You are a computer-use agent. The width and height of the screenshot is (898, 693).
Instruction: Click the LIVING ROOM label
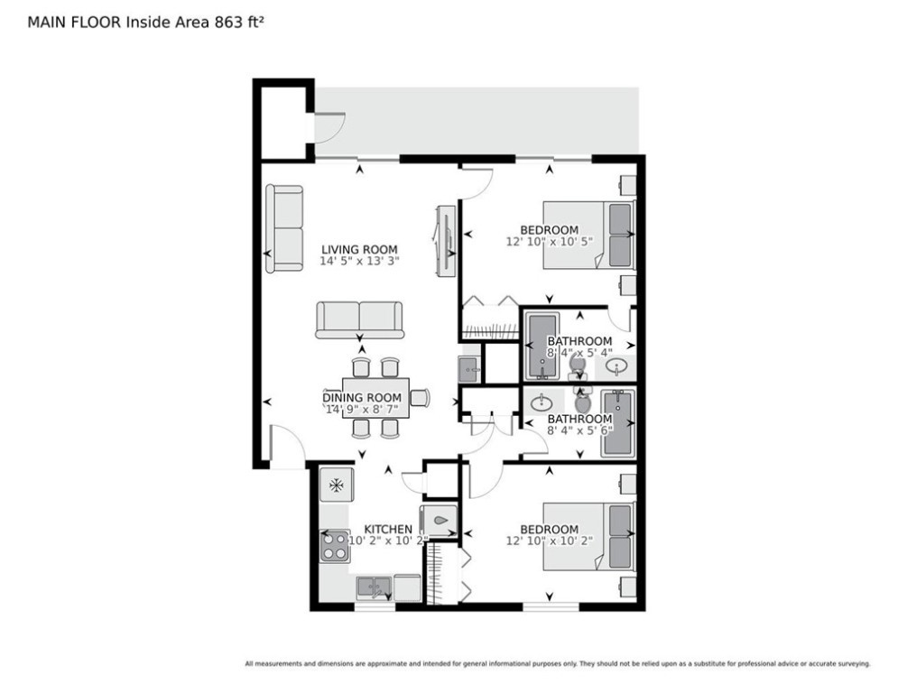[359, 250]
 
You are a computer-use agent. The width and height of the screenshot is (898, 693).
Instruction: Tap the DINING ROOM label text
[362, 397]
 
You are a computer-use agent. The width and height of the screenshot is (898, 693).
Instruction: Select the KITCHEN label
[388, 529]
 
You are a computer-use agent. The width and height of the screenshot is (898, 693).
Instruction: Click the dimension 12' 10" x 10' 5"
[550, 242]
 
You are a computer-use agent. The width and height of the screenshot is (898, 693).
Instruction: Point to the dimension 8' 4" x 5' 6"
[579, 430]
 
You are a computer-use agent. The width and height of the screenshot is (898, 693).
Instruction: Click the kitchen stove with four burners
[335, 546]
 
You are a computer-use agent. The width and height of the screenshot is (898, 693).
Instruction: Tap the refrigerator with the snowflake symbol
[336, 485]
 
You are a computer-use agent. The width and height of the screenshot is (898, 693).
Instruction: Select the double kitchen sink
[374, 588]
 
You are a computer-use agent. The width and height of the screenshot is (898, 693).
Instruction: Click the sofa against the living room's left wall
[284, 228]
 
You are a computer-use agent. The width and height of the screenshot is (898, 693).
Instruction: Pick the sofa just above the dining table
[360, 320]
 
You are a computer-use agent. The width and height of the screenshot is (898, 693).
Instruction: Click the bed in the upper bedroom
[588, 235]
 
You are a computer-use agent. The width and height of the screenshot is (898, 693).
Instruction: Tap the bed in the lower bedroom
[588, 537]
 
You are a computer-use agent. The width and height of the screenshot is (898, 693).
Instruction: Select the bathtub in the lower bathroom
[618, 422]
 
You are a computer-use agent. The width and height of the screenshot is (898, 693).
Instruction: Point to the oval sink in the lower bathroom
[542, 403]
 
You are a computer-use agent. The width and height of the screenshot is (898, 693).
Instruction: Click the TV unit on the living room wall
[445, 242]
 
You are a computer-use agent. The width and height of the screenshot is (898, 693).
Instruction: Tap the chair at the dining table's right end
[420, 397]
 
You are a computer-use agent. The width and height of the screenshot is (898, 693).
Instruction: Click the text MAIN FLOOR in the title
[74, 23]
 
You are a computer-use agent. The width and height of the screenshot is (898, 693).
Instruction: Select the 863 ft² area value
[239, 22]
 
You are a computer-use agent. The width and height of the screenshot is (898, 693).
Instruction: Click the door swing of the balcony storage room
[329, 128]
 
